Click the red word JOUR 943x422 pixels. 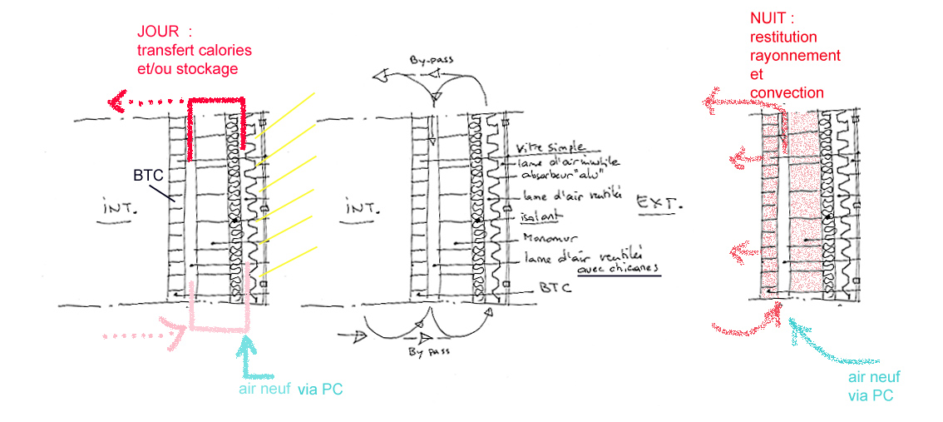[157, 32]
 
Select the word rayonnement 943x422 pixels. [795, 56]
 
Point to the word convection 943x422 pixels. [787, 92]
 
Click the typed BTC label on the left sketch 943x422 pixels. [146, 176]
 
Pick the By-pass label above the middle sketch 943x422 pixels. [431, 61]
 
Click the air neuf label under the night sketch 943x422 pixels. [873, 377]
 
